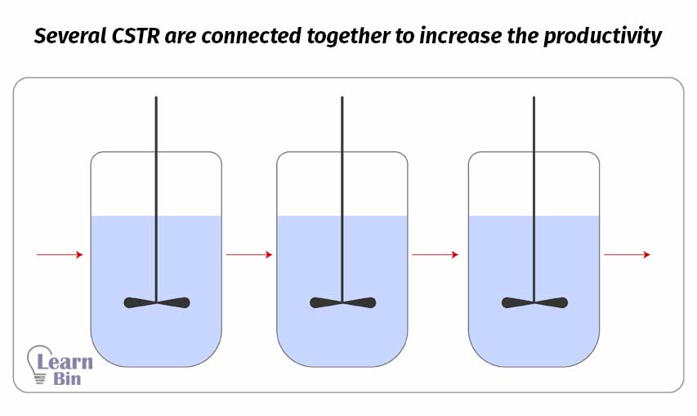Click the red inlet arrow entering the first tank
(60, 255)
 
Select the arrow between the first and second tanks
(249, 255)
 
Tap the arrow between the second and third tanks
(436, 255)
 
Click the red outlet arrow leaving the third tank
(627, 255)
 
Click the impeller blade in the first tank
(157, 302)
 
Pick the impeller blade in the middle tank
(342, 302)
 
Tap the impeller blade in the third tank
(534, 302)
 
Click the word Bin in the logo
(69, 380)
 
